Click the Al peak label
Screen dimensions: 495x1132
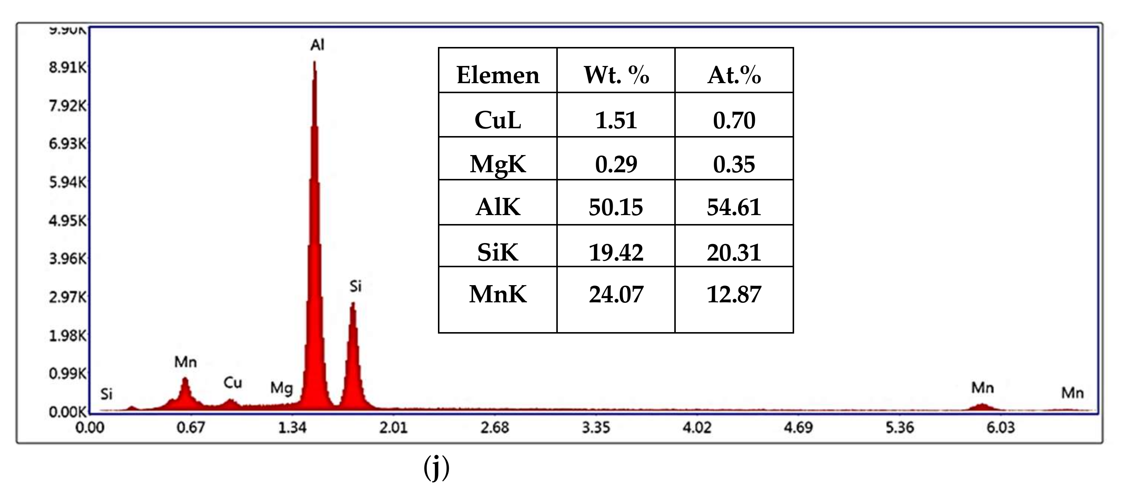[317, 45]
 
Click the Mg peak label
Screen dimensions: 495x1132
[281, 388]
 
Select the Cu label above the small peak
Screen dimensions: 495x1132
[233, 383]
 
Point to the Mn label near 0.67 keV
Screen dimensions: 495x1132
[186, 362]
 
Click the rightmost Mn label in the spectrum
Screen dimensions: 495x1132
[1072, 393]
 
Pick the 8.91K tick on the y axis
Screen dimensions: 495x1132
[68, 67]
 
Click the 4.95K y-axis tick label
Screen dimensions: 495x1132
[68, 220]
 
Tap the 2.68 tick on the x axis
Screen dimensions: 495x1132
[494, 428]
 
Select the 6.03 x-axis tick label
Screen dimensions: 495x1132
[1001, 428]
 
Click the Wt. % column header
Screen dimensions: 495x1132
[616, 75]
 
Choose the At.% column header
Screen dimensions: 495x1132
[734, 75]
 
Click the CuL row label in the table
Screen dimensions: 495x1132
[497, 120]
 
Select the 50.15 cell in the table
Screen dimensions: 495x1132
[616, 207]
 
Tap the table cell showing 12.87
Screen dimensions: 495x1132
[734, 294]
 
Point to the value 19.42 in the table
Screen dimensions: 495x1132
[616, 252]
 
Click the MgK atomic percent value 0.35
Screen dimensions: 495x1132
[734, 164]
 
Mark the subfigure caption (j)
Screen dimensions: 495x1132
[436, 467]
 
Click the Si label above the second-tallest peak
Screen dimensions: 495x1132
[355, 286]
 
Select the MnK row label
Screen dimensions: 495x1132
[497, 294]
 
